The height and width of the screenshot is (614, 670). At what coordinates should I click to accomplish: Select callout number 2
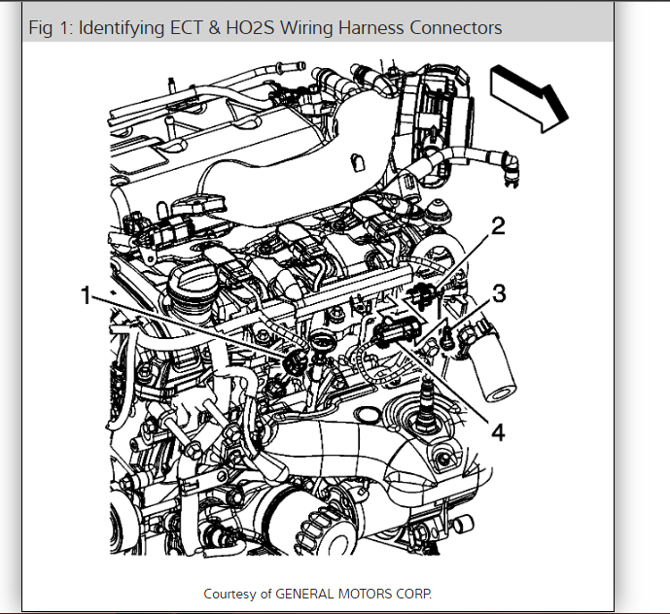coord(498,229)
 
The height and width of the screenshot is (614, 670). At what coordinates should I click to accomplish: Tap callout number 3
coord(499,292)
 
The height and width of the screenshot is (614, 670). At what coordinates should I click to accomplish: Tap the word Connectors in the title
coord(457,28)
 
